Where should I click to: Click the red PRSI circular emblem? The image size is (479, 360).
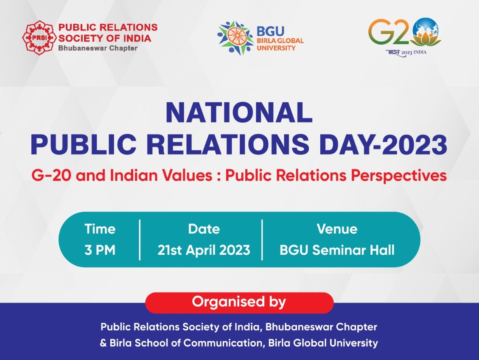click(x=38, y=38)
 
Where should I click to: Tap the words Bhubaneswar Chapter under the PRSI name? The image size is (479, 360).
click(x=98, y=48)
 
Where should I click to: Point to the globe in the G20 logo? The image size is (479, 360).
click(x=426, y=29)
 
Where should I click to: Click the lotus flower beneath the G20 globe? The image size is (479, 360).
click(x=427, y=41)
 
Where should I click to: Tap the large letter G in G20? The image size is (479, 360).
click(x=382, y=32)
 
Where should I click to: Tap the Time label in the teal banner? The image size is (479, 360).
click(x=100, y=229)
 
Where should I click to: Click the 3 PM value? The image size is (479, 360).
click(x=100, y=250)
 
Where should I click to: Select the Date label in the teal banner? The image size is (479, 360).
click(x=204, y=229)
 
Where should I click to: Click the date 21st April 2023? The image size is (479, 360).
click(x=204, y=250)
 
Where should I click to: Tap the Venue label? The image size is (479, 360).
click(x=337, y=229)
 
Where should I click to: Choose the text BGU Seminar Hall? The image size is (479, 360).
click(x=337, y=250)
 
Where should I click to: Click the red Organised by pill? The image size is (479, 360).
click(x=239, y=302)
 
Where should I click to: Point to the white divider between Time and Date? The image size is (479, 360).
click(x=140, y=239)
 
